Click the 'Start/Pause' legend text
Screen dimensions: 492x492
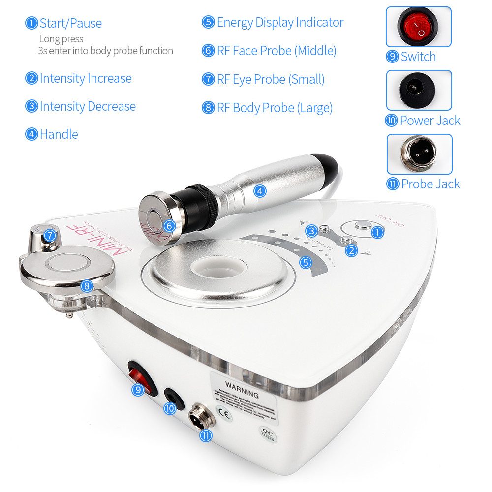coord(70,23)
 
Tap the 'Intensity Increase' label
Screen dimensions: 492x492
coord(85,78)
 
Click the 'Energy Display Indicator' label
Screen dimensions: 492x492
coord(280,22)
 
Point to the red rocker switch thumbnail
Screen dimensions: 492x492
coord(418,27)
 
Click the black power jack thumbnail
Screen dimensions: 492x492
coord(419,90)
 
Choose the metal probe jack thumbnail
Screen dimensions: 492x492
coord(419,154)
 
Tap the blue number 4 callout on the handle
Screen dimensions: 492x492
coord(260,191)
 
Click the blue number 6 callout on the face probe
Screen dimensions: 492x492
coord(169,226)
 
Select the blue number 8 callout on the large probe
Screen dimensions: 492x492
coord(87,286)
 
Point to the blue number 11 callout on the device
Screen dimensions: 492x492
coord(206,435)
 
